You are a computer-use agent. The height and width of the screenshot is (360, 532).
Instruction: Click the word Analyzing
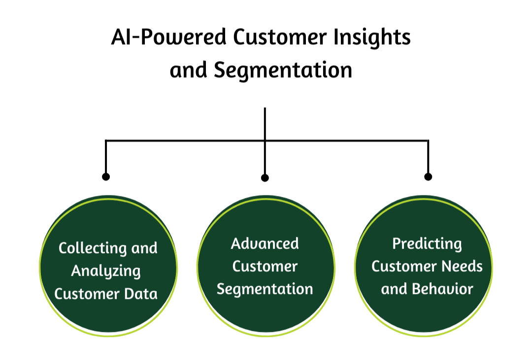(106, 271)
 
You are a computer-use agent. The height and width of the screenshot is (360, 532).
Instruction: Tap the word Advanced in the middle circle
(265, 243)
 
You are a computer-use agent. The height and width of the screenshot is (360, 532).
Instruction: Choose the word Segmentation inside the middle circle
(265, 289)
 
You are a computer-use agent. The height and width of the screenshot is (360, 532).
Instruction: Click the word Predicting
(427, 244)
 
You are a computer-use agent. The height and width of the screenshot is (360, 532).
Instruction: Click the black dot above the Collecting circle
(106, 176)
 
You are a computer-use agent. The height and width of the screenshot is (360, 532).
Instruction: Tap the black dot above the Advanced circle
(265, 177)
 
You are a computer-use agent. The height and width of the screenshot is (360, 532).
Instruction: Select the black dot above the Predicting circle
(428, 176)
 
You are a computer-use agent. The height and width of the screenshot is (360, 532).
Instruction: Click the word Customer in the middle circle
(265, 266)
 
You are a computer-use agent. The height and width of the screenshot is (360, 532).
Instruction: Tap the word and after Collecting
(144, 248)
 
